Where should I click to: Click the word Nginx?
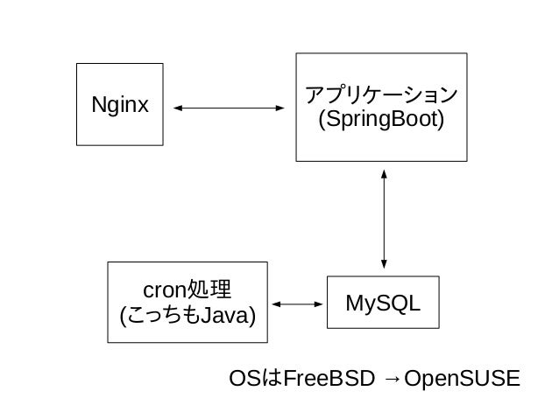click(120, 105)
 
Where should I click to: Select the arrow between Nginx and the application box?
click(229, 108)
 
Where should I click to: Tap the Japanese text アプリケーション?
click(381, 95)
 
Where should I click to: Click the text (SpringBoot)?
click(381, 119)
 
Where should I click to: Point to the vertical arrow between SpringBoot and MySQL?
click(384, 219)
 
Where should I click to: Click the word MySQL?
click(383, 304)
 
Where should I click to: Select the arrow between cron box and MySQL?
click(297, 304)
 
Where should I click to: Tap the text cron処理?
click(188, 290)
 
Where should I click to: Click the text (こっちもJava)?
click(188, 316)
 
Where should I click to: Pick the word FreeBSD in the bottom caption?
click(329, 378)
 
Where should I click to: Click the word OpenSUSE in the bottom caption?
click(462, 378)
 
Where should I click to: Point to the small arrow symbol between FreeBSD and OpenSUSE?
click(393, 379)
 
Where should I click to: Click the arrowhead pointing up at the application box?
click(384, 174)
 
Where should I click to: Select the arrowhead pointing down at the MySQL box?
click(384, 264)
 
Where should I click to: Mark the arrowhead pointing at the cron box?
click(276, 304)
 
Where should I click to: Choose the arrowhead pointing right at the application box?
click(280, 108)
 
